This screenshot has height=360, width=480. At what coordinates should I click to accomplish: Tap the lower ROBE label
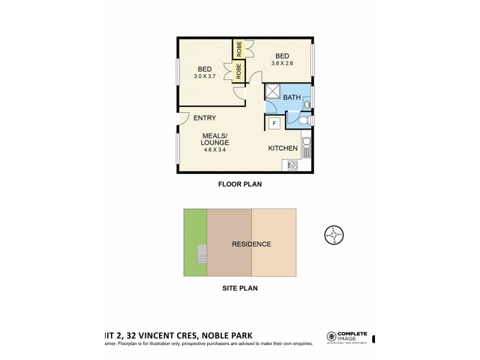pos(239,71)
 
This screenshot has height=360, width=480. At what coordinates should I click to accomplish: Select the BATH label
pos(292,97)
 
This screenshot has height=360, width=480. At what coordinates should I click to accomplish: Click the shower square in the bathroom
pos(274,91)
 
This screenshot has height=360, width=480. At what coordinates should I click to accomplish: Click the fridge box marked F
pos(274,124)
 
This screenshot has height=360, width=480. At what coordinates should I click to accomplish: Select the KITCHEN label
pos(283,148)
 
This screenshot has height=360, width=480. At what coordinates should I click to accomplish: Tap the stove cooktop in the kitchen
pos(293,164)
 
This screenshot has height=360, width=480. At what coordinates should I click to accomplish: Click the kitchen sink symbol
pos(306,147)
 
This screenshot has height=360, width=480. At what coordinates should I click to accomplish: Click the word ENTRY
pos(205,118)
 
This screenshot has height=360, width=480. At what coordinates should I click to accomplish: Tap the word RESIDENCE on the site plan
pos(251,244)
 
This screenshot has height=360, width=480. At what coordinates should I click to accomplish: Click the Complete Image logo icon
pos(330,337)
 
